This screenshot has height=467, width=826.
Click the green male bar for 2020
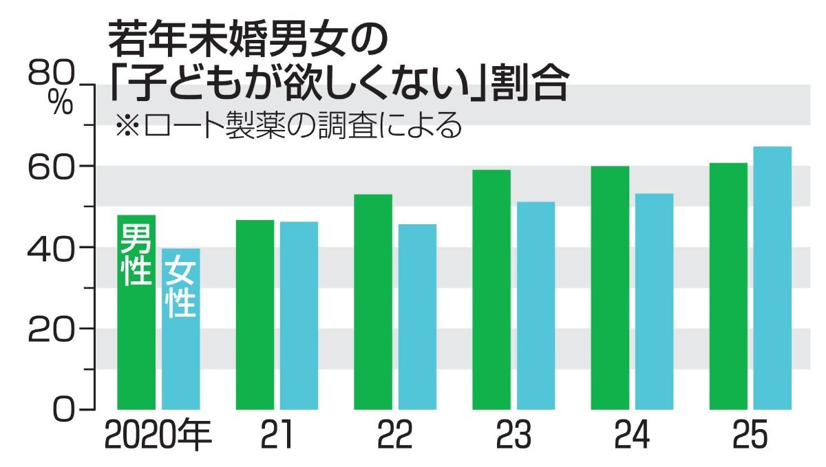coord(136,344)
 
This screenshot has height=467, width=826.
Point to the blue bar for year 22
coord(417,316)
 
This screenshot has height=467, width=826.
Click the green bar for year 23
coord(491,289)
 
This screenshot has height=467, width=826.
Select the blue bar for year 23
coord(536,305)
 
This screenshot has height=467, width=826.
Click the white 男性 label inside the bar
coord(136,254)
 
